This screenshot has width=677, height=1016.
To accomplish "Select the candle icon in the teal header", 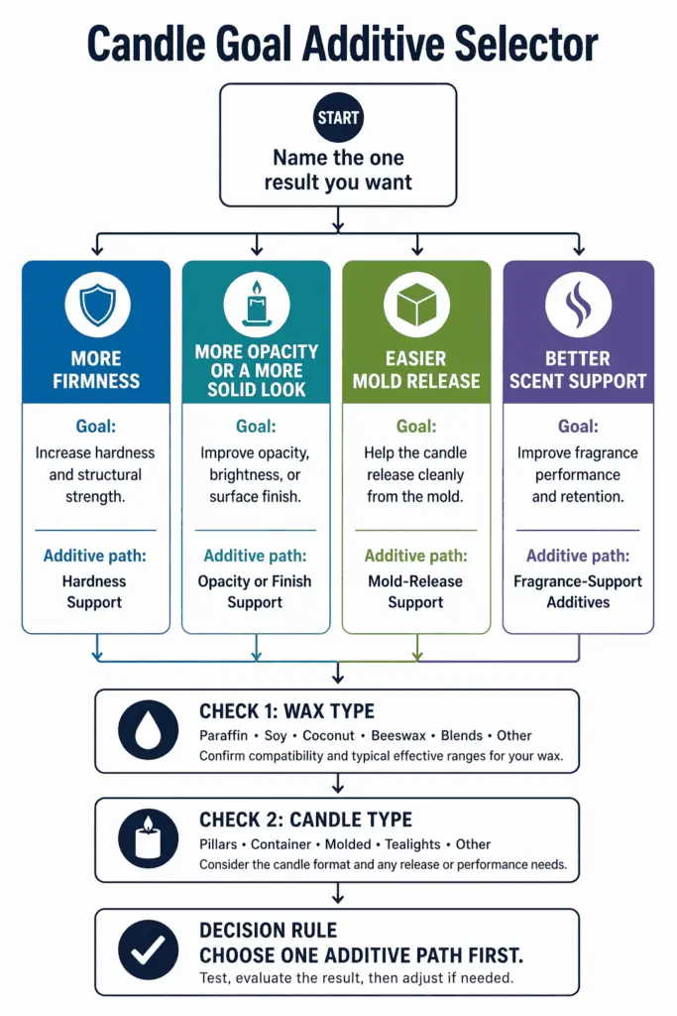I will coord(257,303).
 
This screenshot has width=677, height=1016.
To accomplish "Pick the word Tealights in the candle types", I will coord(412,845).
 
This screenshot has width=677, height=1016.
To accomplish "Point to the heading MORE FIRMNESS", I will coord(96,370).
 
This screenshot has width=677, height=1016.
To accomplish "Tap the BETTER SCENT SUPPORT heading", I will coord(578,370).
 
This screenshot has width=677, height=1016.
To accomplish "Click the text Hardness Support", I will coord(95,592).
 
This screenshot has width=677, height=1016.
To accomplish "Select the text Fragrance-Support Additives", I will coord(578,592).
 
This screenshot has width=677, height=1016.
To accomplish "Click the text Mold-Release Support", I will coord(416,592).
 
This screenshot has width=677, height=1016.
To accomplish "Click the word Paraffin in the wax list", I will coord(224,736).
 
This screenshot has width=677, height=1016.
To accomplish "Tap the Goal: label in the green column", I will coord(416,427).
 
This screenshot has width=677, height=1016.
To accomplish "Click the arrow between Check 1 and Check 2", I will coord(338,785).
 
